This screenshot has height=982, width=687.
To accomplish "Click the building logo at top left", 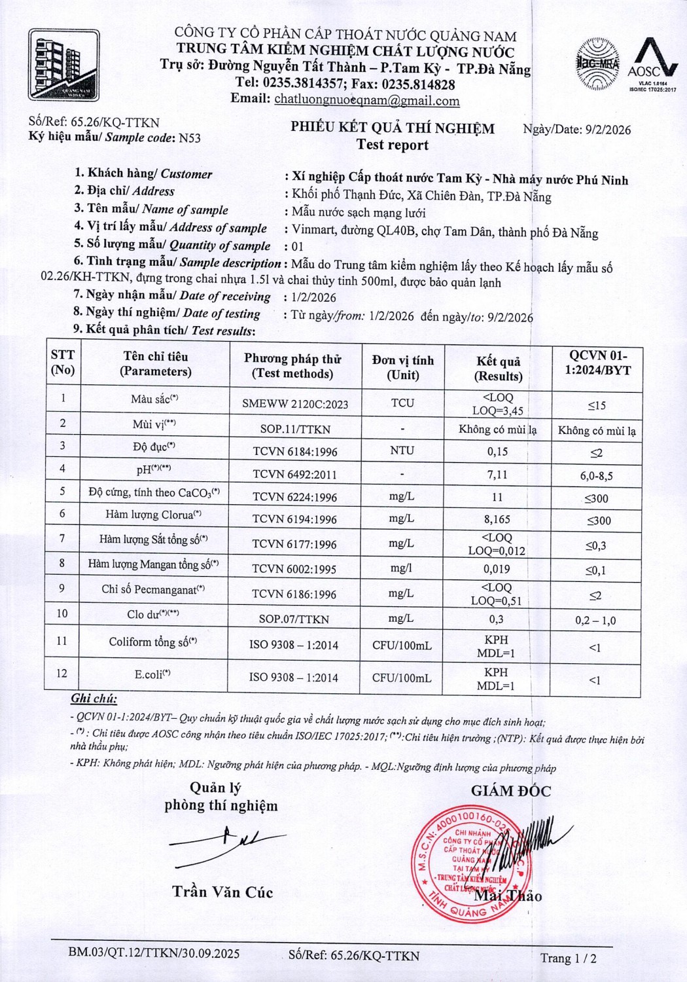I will (63, 65).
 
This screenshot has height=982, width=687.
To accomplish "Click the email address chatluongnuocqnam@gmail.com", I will (366, 100).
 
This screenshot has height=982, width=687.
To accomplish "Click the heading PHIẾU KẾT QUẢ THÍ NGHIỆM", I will (393, 128).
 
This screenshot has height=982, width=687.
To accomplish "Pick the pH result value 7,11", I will (497, 475).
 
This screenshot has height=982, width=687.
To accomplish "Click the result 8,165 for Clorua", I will (497, 519).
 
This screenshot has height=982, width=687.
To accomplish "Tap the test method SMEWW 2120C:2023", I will (295, 404).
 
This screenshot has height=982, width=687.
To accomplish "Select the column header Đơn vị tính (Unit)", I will (402, 367).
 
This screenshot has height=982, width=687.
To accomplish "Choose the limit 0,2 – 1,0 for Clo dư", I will (595, 621).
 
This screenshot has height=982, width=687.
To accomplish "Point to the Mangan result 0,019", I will (497, 569).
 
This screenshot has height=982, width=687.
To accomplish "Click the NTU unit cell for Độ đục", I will (402, 450).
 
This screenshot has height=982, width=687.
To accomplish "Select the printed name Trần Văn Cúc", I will (222, 892).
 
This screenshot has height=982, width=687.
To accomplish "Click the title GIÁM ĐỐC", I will (511, 791).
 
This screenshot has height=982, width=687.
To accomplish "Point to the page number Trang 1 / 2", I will (568, 958).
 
